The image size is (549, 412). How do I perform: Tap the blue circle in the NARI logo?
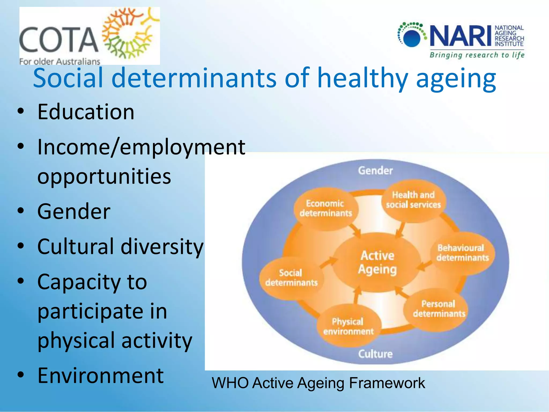(412, 38)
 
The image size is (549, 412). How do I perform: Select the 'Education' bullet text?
(86, 112)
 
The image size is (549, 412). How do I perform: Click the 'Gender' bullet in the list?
(74, 211)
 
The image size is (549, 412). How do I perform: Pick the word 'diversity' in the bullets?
(162, 247)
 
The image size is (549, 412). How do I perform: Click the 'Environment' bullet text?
(101, 376)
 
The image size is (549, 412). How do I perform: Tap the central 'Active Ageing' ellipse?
(377, 262)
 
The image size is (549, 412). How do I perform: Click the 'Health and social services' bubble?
(413, 200)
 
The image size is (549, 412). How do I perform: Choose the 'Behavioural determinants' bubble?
(462, 253)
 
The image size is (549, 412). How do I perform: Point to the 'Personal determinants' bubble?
(439, 309)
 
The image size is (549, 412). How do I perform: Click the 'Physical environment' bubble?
(348, 326)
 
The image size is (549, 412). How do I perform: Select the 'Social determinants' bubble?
(291, 278)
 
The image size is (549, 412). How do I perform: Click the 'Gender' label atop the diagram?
(375, 171)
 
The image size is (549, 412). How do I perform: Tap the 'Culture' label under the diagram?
(375, 354)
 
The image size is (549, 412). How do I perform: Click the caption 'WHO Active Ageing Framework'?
(318, 383)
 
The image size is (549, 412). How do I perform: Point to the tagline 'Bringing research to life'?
(477, 55)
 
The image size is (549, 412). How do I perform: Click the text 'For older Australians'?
(60, 61)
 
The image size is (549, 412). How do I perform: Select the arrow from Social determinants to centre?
(329, 262)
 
